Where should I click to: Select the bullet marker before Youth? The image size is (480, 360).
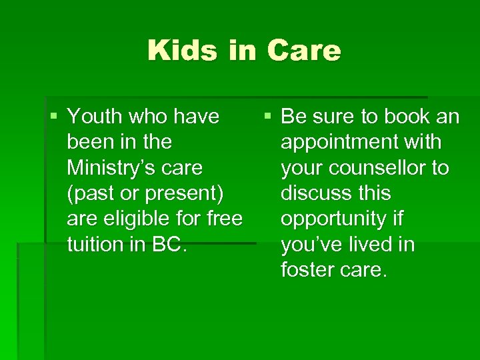tap(53, 117)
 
